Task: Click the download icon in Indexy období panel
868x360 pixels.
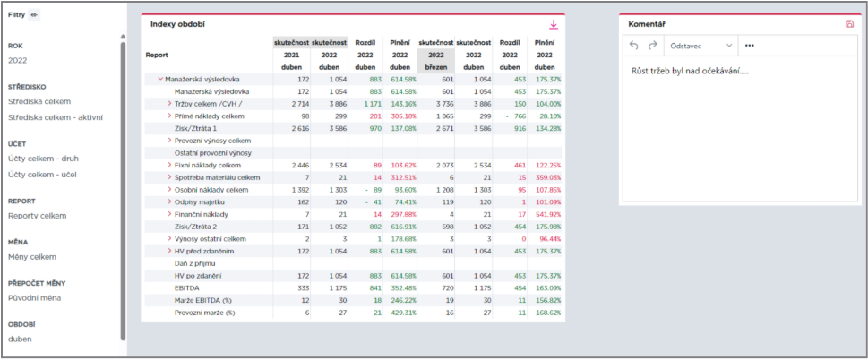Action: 553,24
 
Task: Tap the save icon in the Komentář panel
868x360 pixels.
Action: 850,24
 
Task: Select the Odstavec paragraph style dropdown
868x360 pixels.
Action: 700,46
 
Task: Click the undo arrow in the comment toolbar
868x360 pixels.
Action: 634,46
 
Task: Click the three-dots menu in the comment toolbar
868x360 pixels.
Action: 750,46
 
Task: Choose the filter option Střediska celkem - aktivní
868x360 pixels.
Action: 56,117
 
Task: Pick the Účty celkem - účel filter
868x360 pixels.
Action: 43,175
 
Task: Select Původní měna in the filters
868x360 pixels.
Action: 34,298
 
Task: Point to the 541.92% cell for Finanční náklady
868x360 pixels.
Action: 547,214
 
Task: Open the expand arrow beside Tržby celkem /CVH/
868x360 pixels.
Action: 169,104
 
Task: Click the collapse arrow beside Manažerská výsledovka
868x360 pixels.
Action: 160,79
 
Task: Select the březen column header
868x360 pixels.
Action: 435,67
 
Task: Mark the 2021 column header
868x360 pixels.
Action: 291,55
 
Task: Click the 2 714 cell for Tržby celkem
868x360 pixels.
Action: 295,104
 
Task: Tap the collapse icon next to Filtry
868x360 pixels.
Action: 34,15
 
